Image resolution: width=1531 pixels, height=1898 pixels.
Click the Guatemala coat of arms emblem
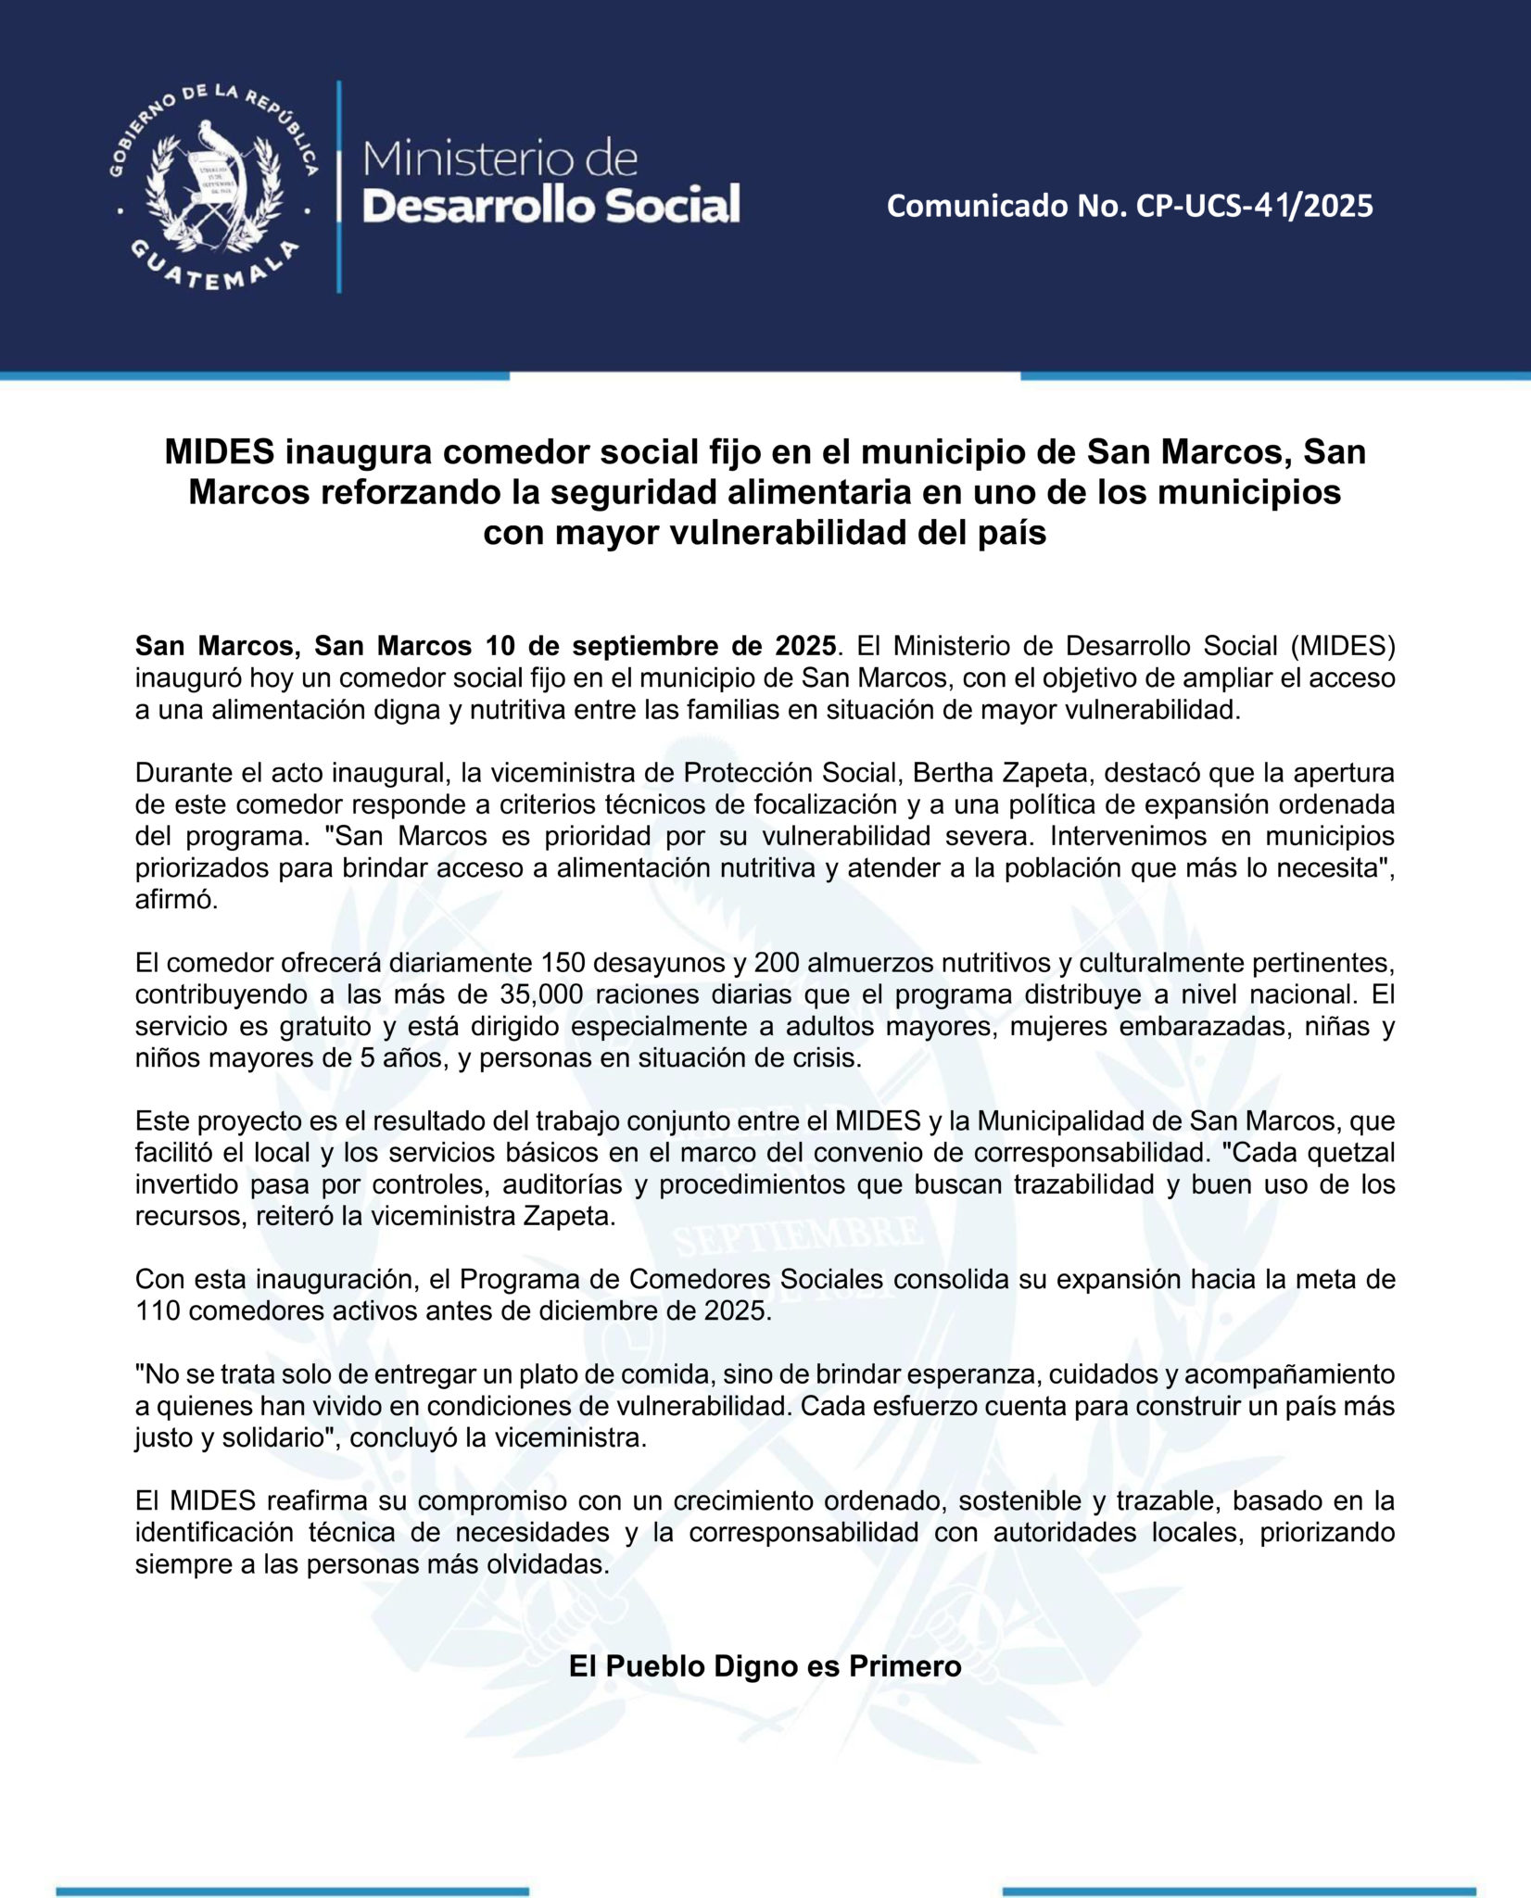coord(212,186)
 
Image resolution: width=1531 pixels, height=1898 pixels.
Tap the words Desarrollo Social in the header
coord(550,205)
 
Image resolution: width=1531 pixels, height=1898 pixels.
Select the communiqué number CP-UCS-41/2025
coord(1255,206)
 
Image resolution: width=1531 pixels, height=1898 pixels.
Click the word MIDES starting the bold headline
coord(220,452)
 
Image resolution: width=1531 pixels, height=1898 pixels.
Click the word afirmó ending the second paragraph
coord(176,900)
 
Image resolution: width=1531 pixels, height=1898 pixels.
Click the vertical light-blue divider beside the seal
coord(338,186)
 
